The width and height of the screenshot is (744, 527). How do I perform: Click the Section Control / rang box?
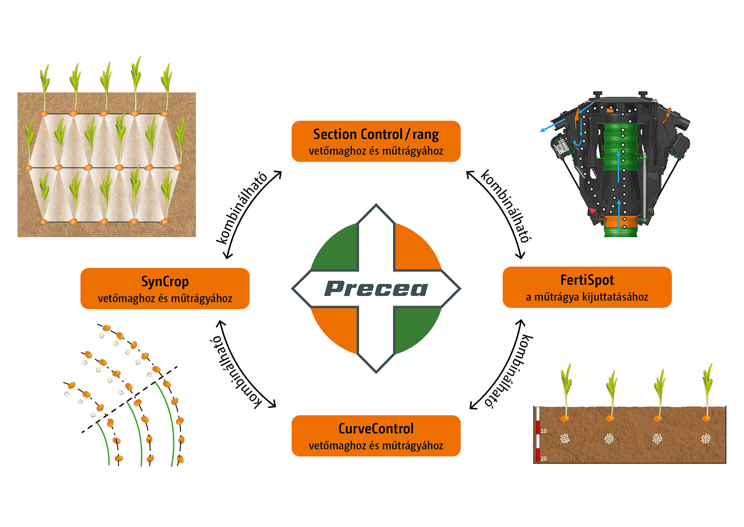coord(376,141)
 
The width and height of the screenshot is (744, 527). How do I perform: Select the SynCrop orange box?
coord(165,289)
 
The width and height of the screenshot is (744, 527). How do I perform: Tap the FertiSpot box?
coord(587,287)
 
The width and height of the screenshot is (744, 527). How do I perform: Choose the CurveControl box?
coord(376,436)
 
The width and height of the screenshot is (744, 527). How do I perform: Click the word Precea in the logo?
coord(376,289)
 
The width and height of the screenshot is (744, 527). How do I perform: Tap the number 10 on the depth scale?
coord(543,431)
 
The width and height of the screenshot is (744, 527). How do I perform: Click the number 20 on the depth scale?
coord(543,458)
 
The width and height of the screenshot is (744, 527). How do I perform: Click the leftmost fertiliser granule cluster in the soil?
coord(565,438)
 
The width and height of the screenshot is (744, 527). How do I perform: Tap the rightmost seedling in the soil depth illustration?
coord(707,391)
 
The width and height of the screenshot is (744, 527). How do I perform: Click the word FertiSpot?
coord(587,280)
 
